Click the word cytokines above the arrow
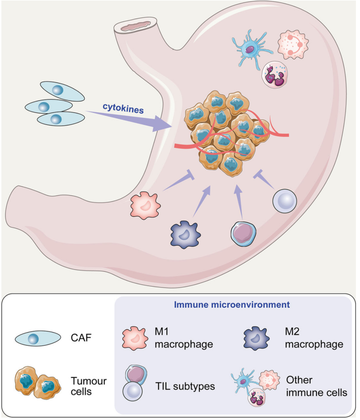pyautogui.click(x=123, y=108)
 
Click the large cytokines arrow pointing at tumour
pyautogui.click(x=129, y=120)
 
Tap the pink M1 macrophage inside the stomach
pyautogui.click(x=145, y=205)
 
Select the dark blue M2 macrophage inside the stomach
pyautogui.click(x=185, y=235)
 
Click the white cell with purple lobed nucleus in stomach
pyautogui.click(x=274, y=75)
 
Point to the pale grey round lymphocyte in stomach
pyautogui.click(x=284, y=201)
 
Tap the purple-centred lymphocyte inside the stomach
pyautogui.click(x=243, y=234)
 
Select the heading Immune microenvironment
pyautogui.click(x=232, y=305)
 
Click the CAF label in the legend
pyautogui.click(x=81, y=338)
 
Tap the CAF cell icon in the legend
pyautogui.click(x=38, y=339)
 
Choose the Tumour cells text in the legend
pyautogui.click(x=88, y=386)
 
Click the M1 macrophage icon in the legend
pyautogui.click(x=135, y=338)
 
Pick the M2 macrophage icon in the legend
pyautogui.click(x=256, y=338)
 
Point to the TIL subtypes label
pyautogui.click(x=185, y=386)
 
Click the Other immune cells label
pyautogui.click(x=316, y=386)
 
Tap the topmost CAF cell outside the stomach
pyautogui.click(x=62, y=91)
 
